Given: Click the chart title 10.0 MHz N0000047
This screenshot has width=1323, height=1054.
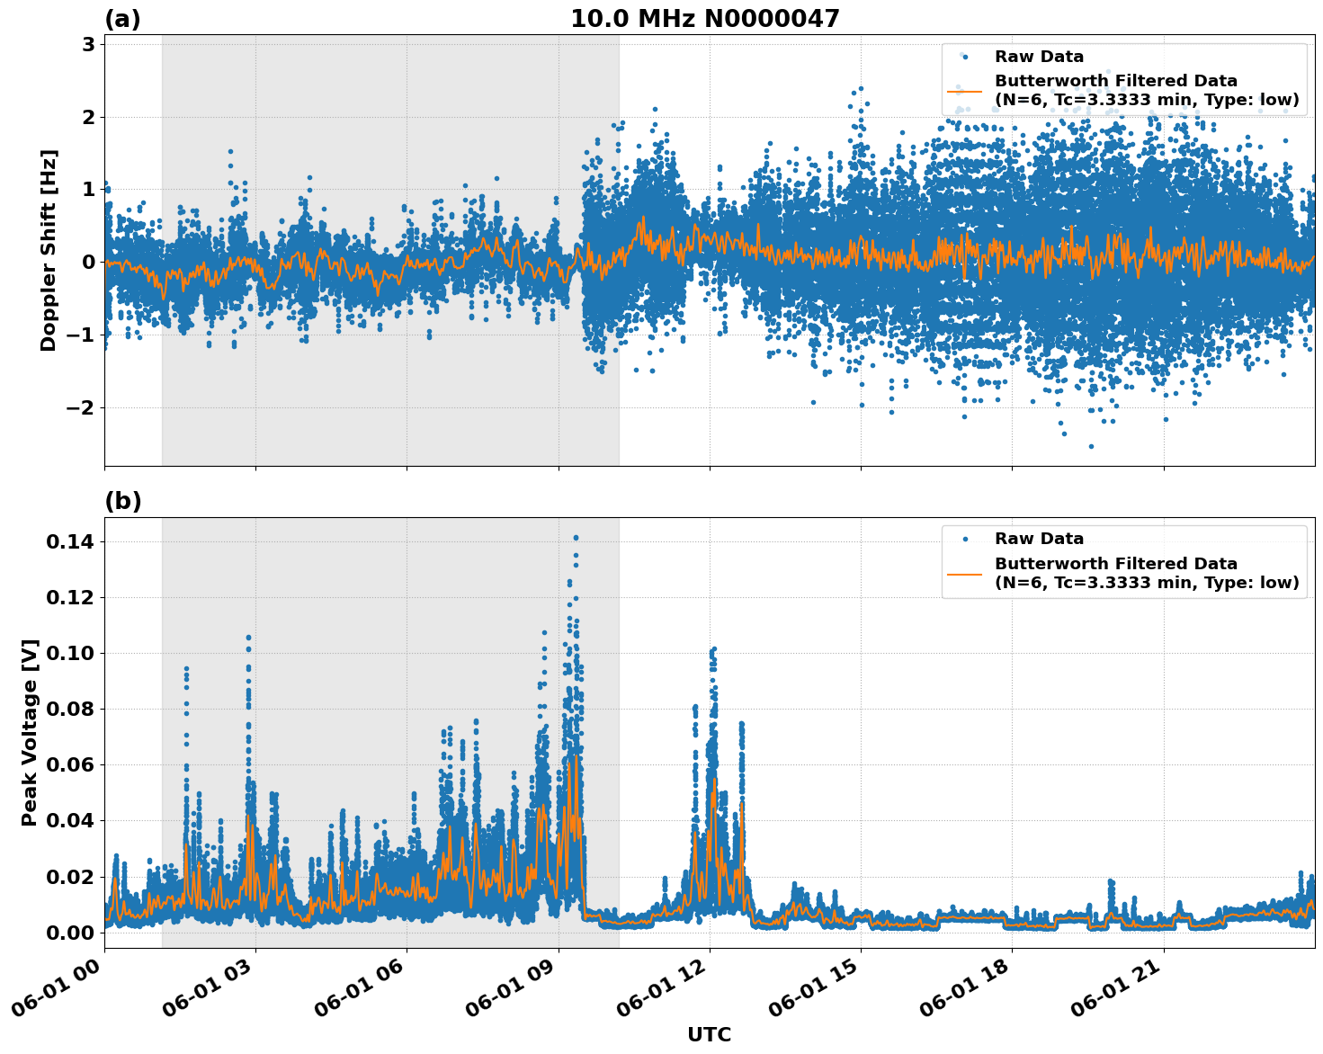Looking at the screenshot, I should pyautogui.click(x=704, y=19).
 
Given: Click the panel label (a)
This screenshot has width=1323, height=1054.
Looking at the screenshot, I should pyautogui.click(x=122, y=19).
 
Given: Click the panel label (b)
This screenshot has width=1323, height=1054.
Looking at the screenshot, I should pyautogui.click(x=122, y=501).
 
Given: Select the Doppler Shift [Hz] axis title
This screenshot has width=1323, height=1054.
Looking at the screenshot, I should pyautogui.click(x=49, y=250).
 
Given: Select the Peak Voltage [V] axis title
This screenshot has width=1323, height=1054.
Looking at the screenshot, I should pyautogui.click(x=30, y=732).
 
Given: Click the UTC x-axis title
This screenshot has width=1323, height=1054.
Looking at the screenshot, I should pyautogui.click(x=709, y=1034).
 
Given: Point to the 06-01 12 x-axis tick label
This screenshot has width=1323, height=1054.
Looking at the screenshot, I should pyautogui.click(x=661, y=995).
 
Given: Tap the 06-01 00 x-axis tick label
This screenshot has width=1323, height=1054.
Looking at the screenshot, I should pyautogui.click(x=56, y=995).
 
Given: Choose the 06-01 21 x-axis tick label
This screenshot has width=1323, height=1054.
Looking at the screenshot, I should pyautogui.click(x=1115, y=995).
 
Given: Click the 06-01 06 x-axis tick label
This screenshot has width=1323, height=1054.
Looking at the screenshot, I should pyautogui.click(x=358, y=995).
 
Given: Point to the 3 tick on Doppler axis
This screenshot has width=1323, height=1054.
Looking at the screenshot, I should pyautogui.click(x=88, y=44).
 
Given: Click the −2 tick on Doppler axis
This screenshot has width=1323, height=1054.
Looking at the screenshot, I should pyautogui.click(x=81, y=407).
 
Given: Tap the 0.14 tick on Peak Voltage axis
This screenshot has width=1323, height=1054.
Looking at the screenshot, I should pyautogui.click(x=70, y=541).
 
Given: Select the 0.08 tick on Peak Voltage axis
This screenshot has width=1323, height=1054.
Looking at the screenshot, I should pyautogui.click(x=70, y=709).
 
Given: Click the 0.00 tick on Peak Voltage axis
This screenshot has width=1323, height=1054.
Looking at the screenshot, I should pyautogui.click(x=70, y=933).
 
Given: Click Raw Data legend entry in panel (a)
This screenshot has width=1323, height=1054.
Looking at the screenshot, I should pyautogui.click(x=1039, y=57).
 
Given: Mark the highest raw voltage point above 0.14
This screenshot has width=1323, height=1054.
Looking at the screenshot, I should pyautogui.click(x=576, y=538).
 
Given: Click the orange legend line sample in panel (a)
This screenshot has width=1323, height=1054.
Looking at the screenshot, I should pyautogui.click(x=964, y=91).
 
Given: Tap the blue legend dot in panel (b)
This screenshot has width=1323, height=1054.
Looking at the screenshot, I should pyautogui.click(x=964, y=540).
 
